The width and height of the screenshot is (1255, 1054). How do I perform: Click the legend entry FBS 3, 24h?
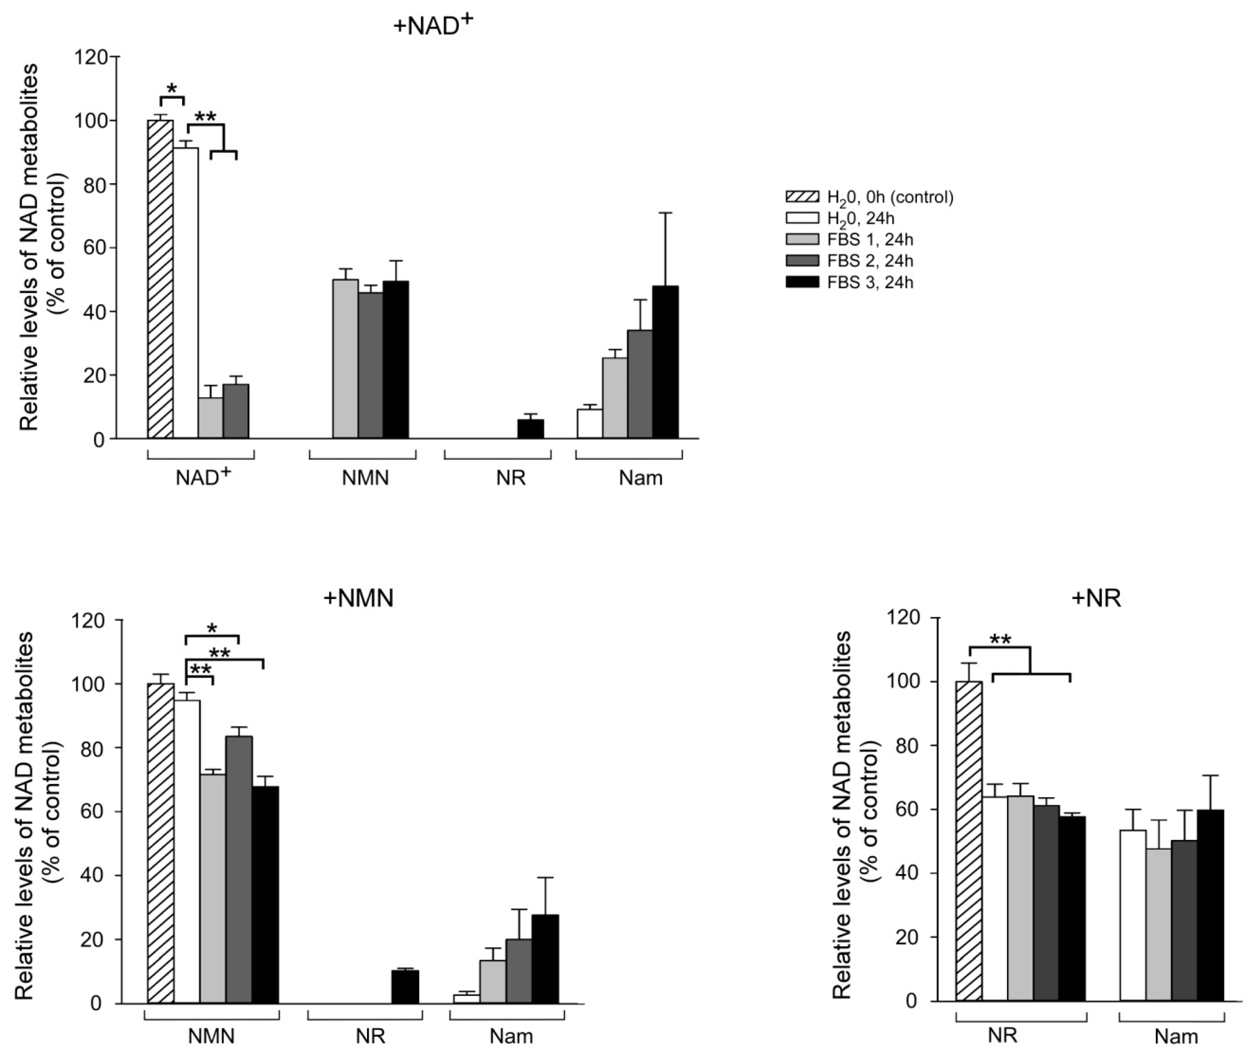[x=869, y=282]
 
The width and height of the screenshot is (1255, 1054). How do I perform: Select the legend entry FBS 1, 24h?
[x=869, y=240]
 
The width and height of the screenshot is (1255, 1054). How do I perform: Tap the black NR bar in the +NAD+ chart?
[x=531, y=429]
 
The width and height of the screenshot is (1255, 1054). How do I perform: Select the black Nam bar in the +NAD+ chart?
[x=665, y=363]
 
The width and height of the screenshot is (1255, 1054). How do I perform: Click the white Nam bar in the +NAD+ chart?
[x=589, y=424]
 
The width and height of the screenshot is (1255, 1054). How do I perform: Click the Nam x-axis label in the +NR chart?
[x=1175, y=1037]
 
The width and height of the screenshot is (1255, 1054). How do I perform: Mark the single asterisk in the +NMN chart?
[x=212, y=628]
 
